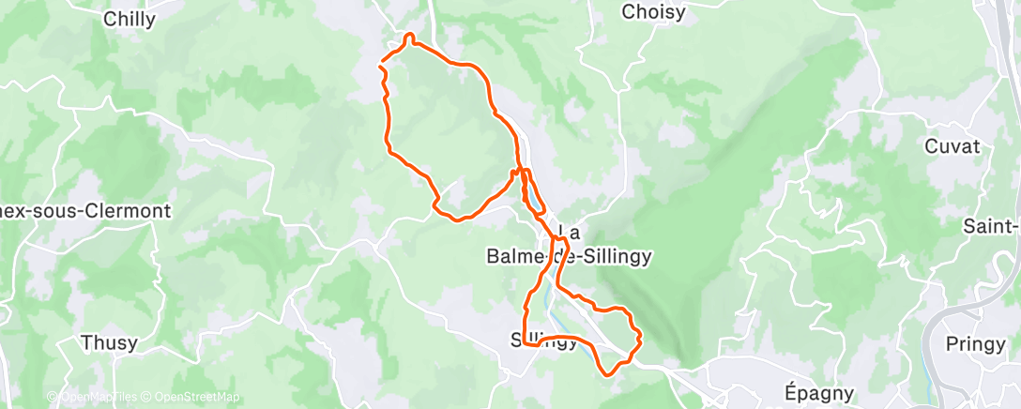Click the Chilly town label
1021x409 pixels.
130,19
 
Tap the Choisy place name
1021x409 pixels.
654,12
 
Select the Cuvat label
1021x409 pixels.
952,146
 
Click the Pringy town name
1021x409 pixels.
975,344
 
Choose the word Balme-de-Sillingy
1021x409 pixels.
556,255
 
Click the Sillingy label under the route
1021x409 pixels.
544,341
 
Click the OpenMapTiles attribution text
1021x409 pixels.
98,398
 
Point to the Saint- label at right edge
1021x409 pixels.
993,226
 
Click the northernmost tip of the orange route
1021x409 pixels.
408,36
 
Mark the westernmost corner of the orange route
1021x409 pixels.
379,66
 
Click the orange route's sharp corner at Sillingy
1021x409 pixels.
524,343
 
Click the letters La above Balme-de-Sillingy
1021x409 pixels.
569,231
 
